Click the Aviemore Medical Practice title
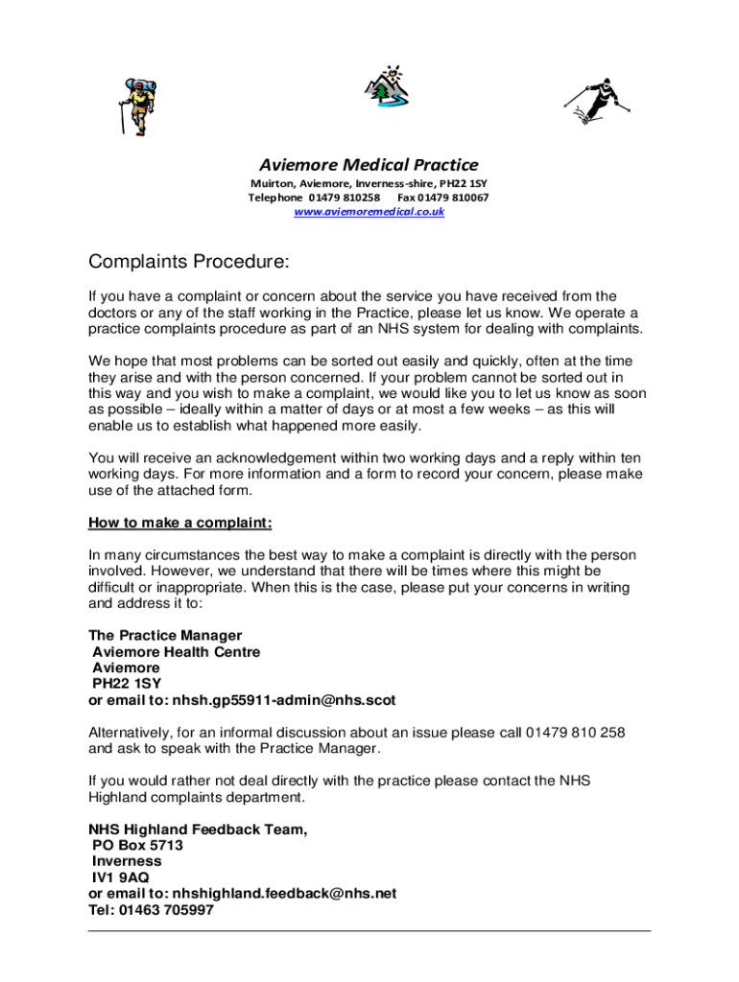pos(369,164)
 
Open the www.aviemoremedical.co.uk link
pos(369,211)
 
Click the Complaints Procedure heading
pos(188,262)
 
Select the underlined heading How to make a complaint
pos(180,523)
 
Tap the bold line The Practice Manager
pos(165,635)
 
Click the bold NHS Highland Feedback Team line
pos(199,830)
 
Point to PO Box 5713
pos(137,846)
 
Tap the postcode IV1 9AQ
pos(120,877)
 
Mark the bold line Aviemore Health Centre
pos(176,651)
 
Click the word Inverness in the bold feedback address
pos(127,861)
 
